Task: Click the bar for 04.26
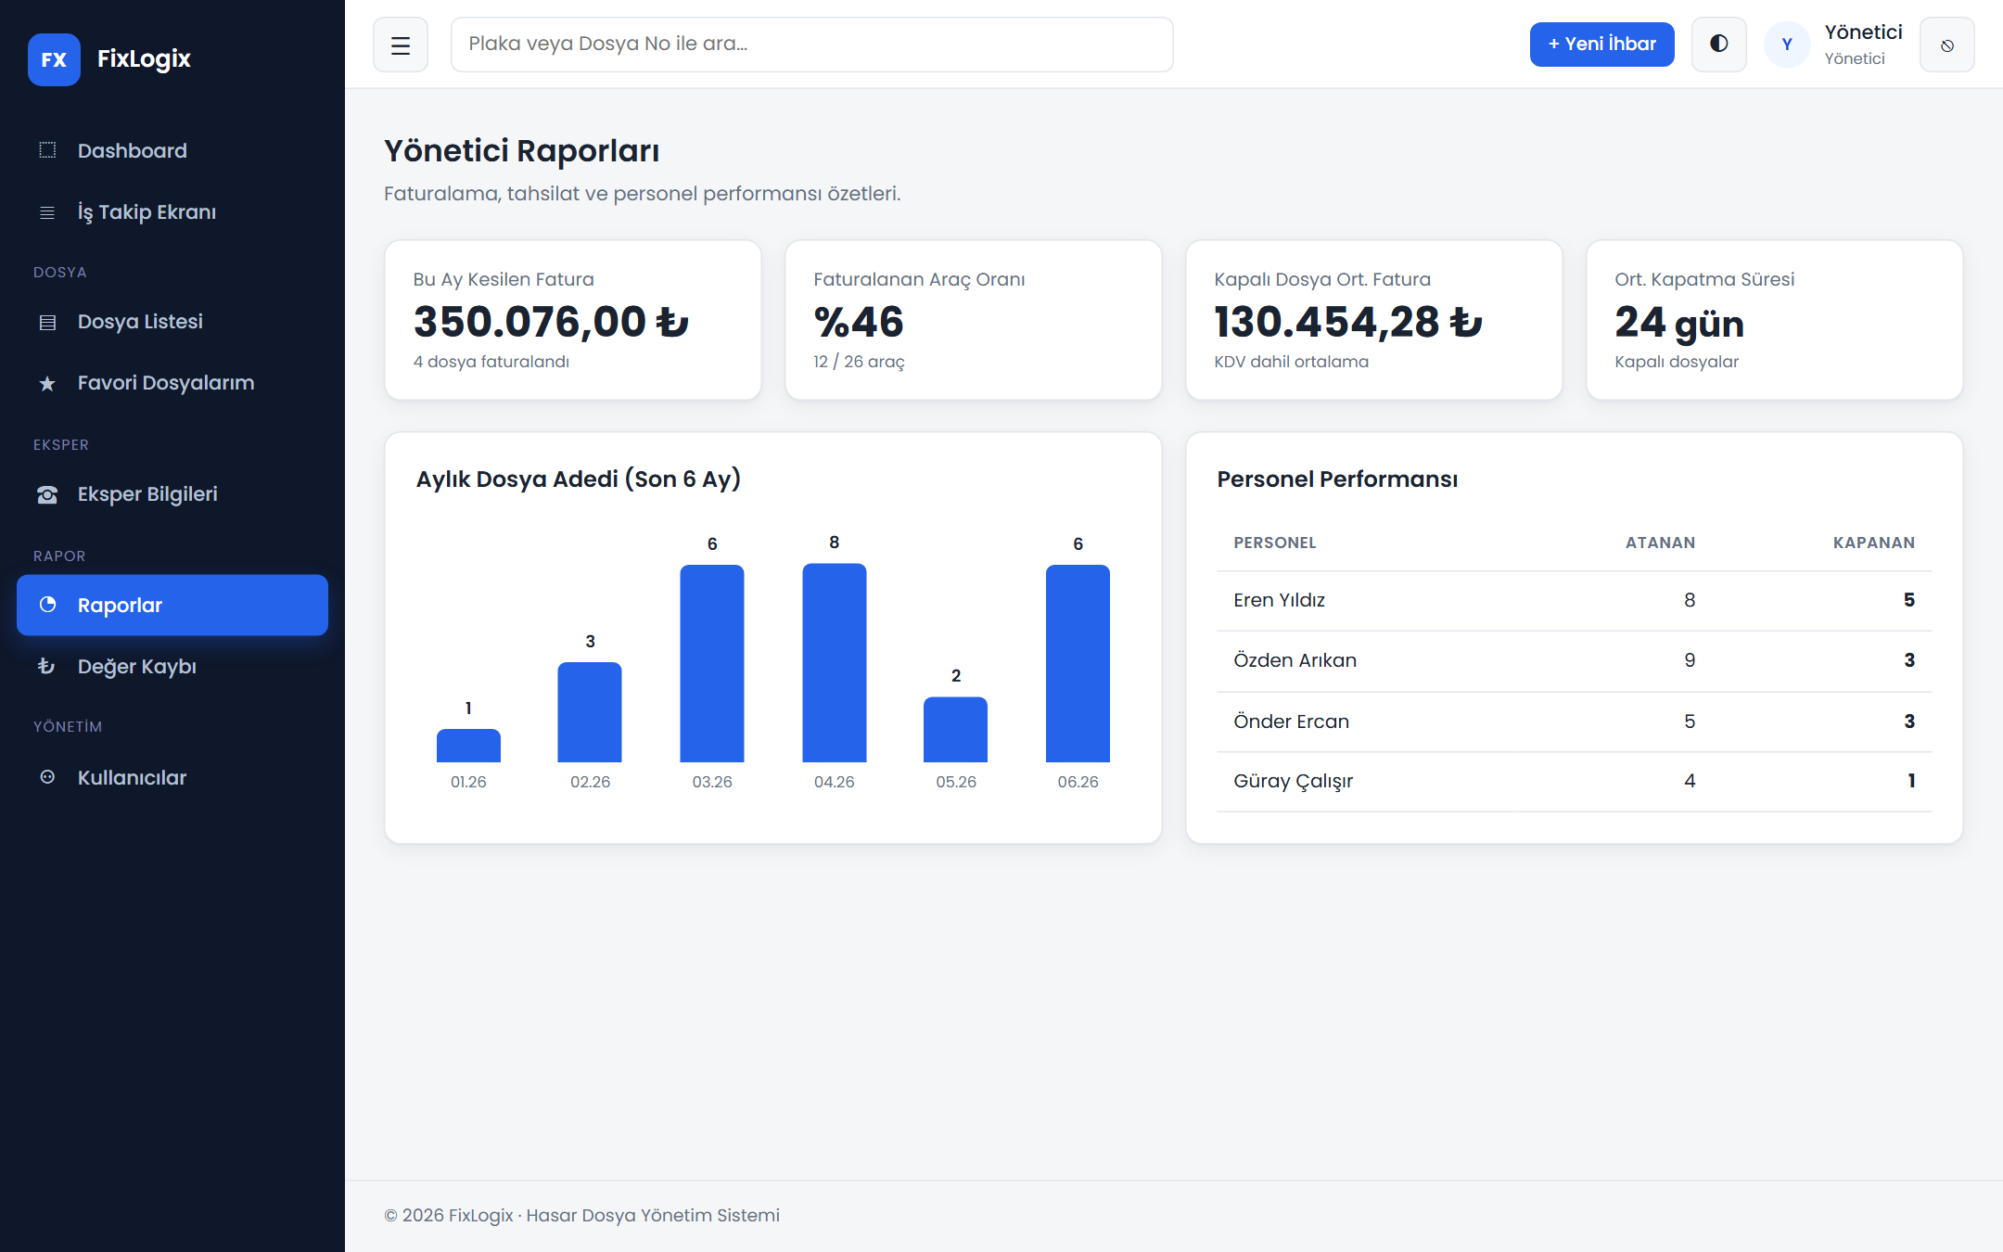[834, 663]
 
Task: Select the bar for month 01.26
[468, 746]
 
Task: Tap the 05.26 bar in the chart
[955, 730]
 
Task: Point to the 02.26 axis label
[590, 782]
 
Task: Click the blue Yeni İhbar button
[1601, 45]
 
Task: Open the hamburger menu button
[401, 45]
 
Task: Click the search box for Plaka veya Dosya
[811, 45]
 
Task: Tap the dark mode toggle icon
[1718, 44]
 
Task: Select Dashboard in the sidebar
[133, 150]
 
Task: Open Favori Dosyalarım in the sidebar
[166, 383]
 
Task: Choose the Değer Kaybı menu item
[137, 666]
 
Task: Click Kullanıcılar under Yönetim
[133, 777]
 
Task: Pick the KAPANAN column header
[1873, 543]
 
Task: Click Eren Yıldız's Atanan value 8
[1690, 600]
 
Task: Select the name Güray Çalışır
[1293, 781]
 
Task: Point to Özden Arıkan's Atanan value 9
[1690, 660]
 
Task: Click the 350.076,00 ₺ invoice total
[552, 322]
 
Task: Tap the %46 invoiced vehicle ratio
[859, 322]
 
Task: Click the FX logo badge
[54, 59]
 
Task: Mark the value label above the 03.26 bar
[712, 543]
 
